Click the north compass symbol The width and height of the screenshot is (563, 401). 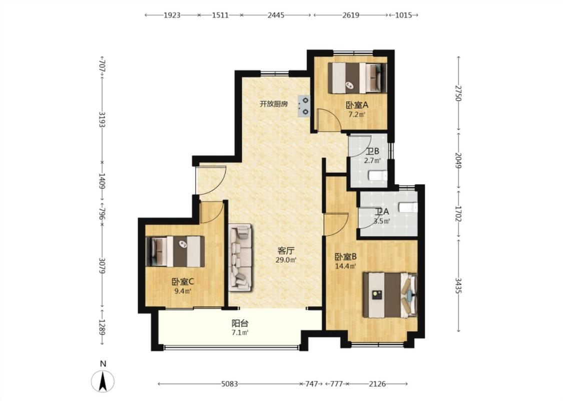coord(103,380)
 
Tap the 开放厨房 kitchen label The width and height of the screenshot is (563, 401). coord(274,104)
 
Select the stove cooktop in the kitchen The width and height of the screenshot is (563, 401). coord(304,106)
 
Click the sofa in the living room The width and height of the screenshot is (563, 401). coord(240,256)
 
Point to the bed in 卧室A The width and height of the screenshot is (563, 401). coord(358,78)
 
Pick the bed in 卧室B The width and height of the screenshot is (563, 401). coord(390,295)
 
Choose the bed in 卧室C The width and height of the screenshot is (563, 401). coord(175,251)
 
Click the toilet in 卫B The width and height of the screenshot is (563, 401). coord(378,175)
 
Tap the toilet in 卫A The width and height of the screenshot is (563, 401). coord(408,208)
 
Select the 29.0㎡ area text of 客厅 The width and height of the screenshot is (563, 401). coord(286,260)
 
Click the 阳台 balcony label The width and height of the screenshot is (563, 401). coord(240,324)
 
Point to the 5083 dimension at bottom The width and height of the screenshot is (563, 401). coord(229,384)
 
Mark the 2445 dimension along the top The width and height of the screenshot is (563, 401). coord(276,15)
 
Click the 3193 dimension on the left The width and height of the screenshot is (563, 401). coord(102,120)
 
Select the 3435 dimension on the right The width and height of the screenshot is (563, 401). coord(458,285)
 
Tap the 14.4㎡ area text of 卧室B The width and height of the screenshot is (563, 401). coord(345,267)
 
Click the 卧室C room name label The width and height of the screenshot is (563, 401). coord(183,282)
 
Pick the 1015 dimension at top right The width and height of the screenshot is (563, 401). coord(403,15)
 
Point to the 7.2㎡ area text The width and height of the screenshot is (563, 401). coord(357,115)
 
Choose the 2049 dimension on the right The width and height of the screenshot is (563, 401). coord(458,160)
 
